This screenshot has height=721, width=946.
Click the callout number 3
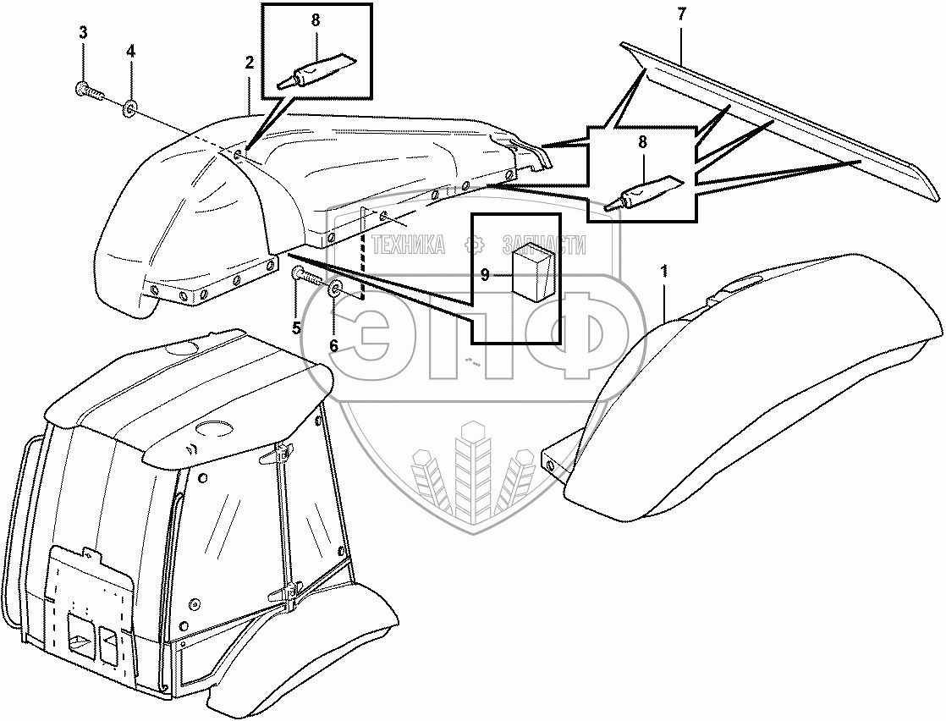coord(83,33)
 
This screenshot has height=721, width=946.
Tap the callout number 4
coord(130,52)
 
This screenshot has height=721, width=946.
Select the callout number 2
coord(250,63)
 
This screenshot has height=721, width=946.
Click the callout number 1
coord(664,272)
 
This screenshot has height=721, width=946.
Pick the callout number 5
coord(296,328)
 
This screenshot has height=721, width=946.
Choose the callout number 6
coord(333,345)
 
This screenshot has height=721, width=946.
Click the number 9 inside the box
coord(486,274)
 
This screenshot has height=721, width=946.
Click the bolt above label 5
coord(306,275)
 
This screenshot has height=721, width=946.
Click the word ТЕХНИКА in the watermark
coord(410,245)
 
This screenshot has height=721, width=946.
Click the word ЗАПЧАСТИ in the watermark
coord(543,245)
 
